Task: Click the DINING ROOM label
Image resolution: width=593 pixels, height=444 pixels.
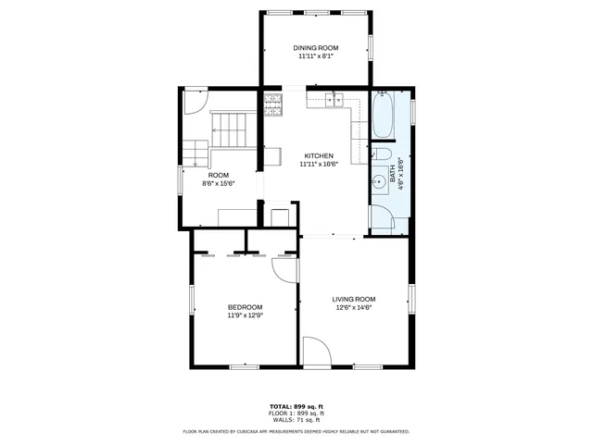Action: [316, 48]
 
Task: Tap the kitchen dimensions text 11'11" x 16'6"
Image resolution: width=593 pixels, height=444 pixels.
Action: [318, 164]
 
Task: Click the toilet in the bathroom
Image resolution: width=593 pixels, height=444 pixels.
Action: [382, 154]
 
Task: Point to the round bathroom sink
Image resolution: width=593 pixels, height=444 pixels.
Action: [380, 181]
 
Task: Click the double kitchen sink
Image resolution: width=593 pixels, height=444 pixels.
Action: [339, 98]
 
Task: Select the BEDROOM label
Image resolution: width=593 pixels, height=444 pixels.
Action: [246, 307]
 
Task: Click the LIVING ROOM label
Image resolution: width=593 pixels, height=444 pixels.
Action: [354, 299]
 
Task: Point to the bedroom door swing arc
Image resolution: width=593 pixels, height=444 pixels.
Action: [284, 268]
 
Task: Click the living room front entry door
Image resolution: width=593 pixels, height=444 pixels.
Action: [317, 351]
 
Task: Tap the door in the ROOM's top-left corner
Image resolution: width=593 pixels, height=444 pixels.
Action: [196, 101]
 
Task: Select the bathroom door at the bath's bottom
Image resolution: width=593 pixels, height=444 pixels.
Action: [382, 218]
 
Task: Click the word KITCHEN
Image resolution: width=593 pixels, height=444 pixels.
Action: [319, 155]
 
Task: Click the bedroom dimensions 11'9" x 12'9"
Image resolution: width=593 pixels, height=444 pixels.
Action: [246, 315]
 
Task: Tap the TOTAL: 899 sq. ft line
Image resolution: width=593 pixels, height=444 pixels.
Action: [296, 406]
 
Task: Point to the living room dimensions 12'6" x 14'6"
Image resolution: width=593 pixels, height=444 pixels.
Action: [354, 307]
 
